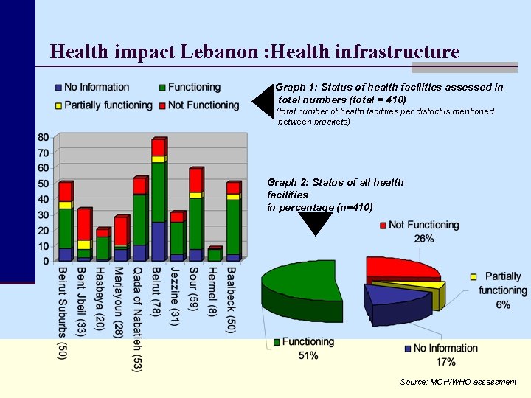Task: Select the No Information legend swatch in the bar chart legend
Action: coord(59,88)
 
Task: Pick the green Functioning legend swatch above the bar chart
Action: coord(162,88)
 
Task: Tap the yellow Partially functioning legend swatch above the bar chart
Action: coord(59,105)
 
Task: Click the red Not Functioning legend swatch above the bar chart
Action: coord(162,105)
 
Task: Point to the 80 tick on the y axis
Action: coord(44,137)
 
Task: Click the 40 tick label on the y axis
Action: coord(44,199)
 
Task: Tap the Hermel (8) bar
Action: coord(214,255)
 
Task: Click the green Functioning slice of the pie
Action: coord(302,280)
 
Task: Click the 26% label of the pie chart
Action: coord(424,239)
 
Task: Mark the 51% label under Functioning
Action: coord(308,356)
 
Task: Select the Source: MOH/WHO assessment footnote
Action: coord(458,382)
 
